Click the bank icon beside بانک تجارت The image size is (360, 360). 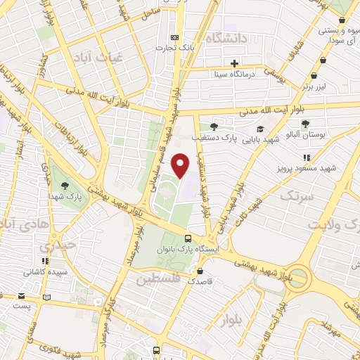(175, 37)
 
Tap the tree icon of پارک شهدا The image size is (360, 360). (65, 186)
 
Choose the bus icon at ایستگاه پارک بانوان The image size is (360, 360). (188, 238)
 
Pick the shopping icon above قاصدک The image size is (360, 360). (200, 270)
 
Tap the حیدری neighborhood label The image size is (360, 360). (56, 247)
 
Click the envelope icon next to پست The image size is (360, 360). (21, 296)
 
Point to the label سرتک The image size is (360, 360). (294, 196)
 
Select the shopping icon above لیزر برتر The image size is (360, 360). (323, 61)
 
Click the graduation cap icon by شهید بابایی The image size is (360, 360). (260, 129)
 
